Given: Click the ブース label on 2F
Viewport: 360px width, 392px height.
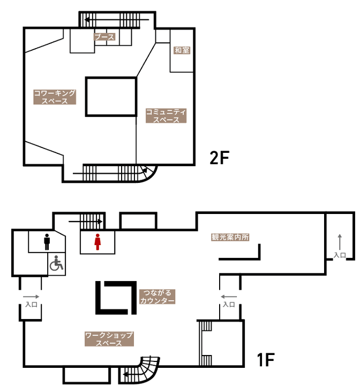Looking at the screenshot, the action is tap(104, 37).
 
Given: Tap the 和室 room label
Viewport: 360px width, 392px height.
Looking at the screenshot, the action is tap(182, 50).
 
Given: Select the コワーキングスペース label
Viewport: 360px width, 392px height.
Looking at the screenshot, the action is tap(55, 97).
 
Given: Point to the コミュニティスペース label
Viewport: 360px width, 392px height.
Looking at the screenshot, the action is tap(166, 115).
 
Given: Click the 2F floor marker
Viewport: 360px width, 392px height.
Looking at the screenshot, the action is tap(219, 158).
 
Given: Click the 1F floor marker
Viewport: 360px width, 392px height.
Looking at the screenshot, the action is tap(266, 359).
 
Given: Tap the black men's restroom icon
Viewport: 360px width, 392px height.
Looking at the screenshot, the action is tap(47, 242).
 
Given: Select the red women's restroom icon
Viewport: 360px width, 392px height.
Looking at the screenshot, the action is tap(97, 242).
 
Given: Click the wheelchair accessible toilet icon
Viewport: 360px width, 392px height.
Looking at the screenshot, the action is tap(56, 263).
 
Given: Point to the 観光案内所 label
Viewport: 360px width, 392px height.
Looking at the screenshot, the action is tap(230, 237).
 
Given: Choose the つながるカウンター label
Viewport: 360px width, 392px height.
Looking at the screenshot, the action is tap(157, 297).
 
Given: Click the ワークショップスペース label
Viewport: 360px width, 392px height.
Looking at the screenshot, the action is tap(109, 339).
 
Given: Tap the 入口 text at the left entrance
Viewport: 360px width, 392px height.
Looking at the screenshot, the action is tap(32, 305).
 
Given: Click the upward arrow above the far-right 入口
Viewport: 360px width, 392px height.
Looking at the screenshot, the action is tap(340, 242).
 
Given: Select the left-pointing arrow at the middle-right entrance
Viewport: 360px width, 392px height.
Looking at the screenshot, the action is tap(229, 297).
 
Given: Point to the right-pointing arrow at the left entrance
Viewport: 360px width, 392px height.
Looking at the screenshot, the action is tap(31, 297).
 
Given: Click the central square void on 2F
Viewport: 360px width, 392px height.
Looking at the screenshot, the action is tap(111, 97).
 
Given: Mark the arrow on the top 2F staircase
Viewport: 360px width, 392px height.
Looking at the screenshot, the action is tap(117, 19).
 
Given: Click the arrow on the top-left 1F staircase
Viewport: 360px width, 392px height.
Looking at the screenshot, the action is tap(85, 221).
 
